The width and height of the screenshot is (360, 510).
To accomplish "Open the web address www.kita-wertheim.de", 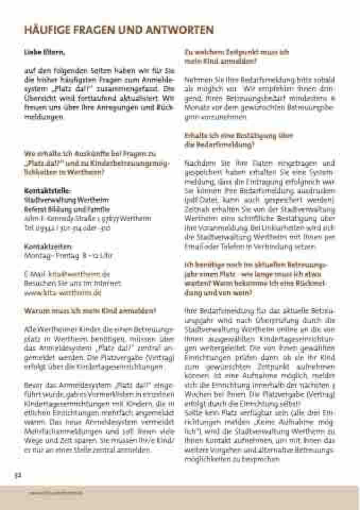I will pyautogui.click(x=62, y=292).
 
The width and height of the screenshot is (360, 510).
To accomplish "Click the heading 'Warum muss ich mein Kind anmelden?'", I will pyautogui.click(x=90, y=311).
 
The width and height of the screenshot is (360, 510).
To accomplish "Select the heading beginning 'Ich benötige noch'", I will pyautogui.click(x=255, y=264).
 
